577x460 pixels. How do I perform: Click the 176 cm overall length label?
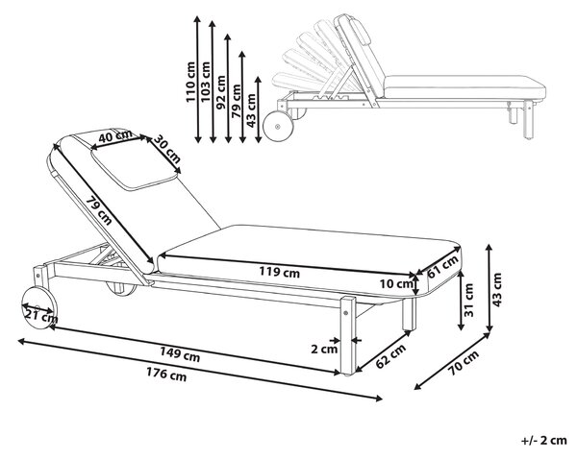166,375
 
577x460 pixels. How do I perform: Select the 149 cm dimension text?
180,354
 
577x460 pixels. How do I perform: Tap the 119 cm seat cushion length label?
279,272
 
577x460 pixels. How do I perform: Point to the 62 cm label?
390,356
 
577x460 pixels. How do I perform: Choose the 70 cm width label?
464,363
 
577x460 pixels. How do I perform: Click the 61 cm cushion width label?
443,267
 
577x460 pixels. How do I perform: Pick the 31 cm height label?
469,301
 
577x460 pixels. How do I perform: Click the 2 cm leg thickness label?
324,349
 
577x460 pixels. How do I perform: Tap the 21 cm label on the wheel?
41,314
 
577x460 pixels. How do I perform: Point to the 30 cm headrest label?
166,149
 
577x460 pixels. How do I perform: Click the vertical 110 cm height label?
190,82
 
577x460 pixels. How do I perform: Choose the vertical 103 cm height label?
206,82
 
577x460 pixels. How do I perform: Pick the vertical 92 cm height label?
221,92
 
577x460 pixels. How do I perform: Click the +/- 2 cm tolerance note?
544,440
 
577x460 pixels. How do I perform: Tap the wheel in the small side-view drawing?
279,126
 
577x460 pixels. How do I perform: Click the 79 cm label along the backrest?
99,211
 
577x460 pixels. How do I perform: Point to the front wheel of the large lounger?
39,308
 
